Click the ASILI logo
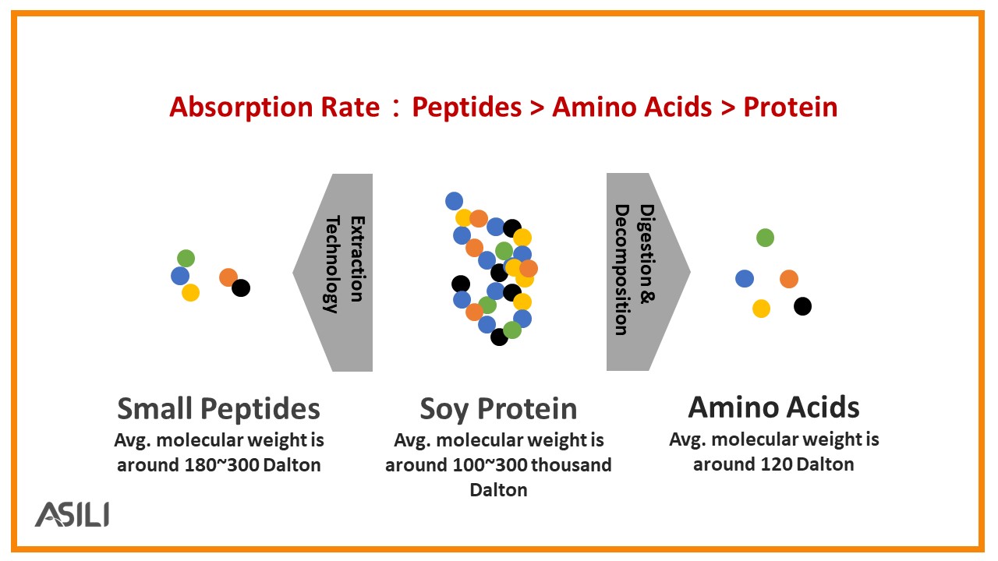(73, 514)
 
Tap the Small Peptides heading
(218, 409)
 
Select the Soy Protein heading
(498, 409)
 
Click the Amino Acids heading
(774, 407)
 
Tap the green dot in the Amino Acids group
(765, 238)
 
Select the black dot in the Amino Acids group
(802, 306)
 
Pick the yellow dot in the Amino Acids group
(761, 308)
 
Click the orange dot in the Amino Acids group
(788, 279)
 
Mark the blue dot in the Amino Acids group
(745, 279)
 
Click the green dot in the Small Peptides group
(186, 258)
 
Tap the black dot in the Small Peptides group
(241, 288)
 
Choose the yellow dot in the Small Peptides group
(190, 292)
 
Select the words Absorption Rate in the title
(274, 108)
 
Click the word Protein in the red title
(791, 108)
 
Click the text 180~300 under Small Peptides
(221, 465)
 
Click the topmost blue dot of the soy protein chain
(454, 201)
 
